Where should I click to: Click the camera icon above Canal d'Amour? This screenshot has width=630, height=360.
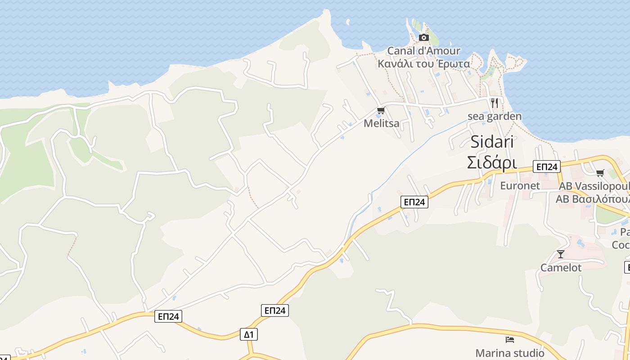click(x=423, y=37)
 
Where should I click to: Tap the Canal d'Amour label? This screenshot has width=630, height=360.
click(x=423, y=51)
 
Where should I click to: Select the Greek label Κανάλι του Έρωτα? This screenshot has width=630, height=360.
click(x=423, y=64)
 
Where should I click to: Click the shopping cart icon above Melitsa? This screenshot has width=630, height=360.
click(x=381, y=111)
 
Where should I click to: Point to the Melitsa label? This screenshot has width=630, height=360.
click(x=381, y=123)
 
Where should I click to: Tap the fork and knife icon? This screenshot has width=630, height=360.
click(x=495, y=103)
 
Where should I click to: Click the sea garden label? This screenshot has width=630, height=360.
click(x=495, y=117)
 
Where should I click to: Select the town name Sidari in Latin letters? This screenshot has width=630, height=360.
click(x=492, y=142)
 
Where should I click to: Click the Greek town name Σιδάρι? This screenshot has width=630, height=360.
click(x=492, y=162)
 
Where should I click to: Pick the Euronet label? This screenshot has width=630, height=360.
click(x=520, y=185)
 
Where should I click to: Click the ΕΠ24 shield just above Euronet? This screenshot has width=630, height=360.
click(x=546, y=166)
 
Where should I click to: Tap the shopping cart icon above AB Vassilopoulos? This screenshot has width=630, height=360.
click(x=600, y=173)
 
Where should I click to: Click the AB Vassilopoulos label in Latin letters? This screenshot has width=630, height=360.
click(x=594, y=186)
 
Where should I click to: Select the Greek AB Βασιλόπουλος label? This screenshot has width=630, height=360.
click(x=594, y=199)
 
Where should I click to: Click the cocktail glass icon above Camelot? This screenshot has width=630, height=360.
click(x=560, y=254)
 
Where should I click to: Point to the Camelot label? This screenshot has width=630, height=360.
click(x=561, y=268)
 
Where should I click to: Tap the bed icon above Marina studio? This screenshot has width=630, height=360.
click(x=509, y=340)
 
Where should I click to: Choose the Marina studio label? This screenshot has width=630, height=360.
click(x=509, y=353)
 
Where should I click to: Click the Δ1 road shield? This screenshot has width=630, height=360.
click(x=249, y=334)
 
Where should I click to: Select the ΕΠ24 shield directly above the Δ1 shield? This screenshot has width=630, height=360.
click(x=274, y=310)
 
